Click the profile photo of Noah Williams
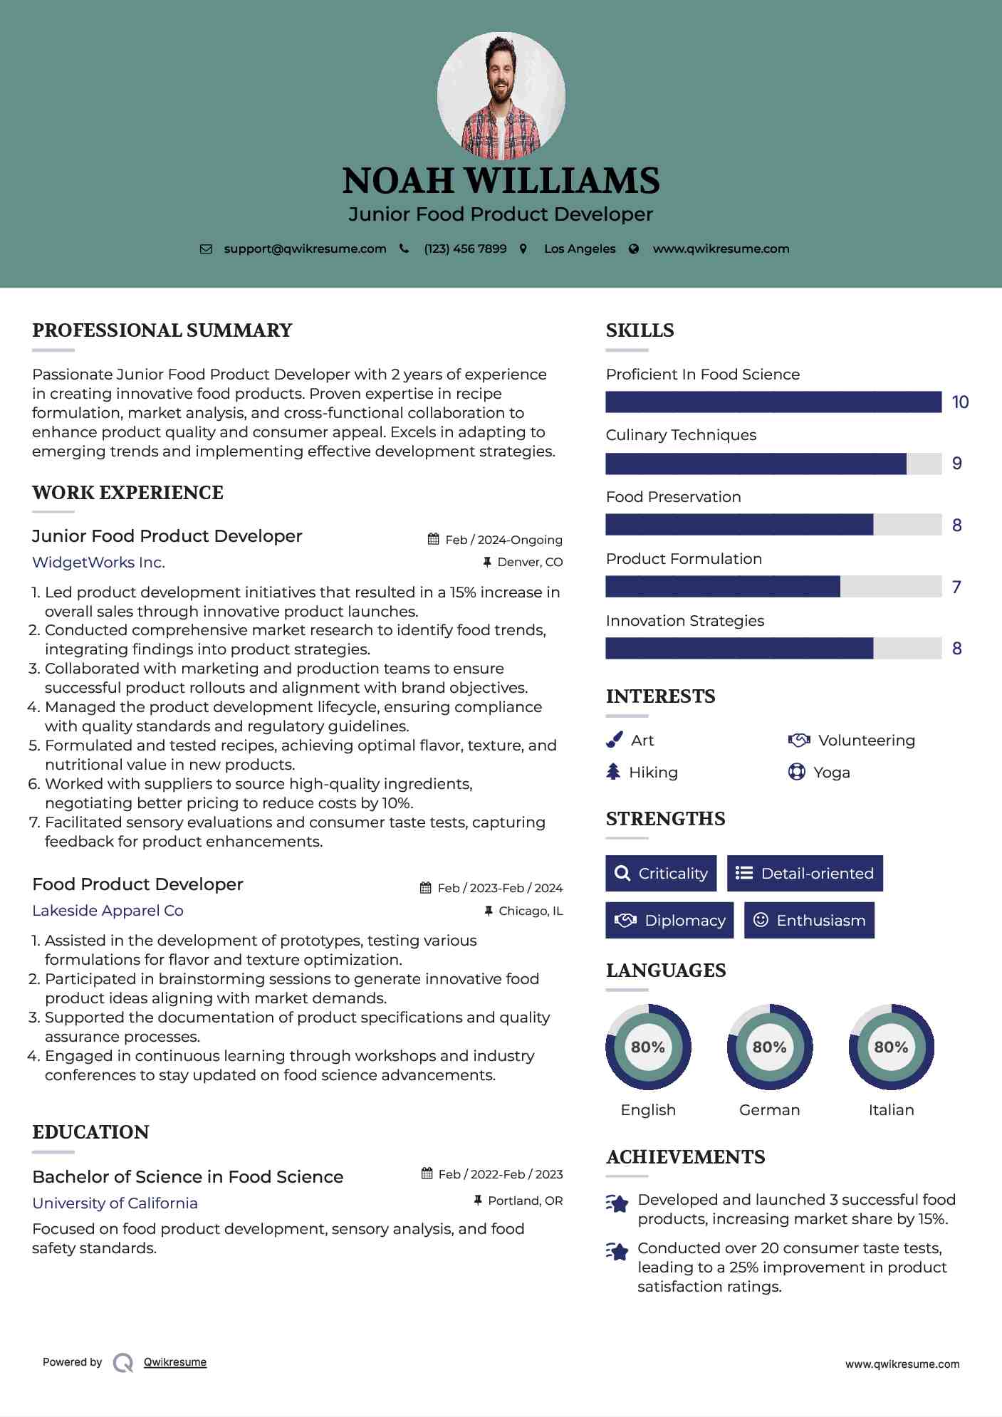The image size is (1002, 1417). point(501,95)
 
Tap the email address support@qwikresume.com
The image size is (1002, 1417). point(305,249)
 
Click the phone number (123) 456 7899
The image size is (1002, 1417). point(465,249)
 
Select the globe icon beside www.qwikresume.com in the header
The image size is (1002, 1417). point(634,249)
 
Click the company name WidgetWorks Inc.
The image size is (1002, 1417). point(98,563)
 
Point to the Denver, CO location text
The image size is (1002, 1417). point(530,563)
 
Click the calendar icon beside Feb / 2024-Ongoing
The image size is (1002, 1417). point(433,539)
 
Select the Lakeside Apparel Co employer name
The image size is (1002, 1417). point(108,911)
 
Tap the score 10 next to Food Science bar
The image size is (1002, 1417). point(960,402)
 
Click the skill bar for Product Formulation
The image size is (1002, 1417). point(773,587)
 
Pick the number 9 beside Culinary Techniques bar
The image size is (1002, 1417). point(957,464)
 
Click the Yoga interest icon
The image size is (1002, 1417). point(796,772)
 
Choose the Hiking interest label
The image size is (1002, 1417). point(653,773)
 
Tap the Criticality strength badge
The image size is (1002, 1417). point(661,873)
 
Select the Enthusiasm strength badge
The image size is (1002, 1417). point(809,920)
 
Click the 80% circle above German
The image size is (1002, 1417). point(769,1047)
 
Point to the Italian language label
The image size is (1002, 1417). point(891,1110)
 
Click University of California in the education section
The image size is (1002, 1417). point(115,1203)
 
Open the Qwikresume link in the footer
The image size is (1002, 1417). point(175,1362)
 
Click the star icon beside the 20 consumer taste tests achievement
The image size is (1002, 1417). point(617,1252)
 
